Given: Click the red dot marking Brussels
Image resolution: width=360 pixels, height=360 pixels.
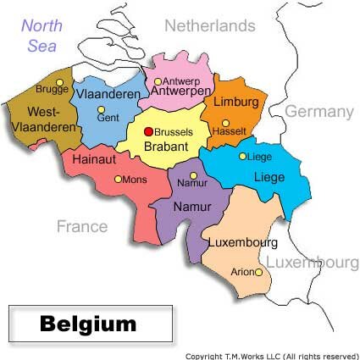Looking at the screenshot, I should point(148,131).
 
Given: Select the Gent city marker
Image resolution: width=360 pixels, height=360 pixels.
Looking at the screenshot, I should point(101,109).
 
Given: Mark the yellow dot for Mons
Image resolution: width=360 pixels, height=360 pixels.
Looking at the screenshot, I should point(117,180).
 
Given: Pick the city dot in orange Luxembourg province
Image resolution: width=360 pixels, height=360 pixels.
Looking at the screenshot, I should point(258,273).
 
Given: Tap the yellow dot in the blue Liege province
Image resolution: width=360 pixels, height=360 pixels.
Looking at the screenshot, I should point(243,156).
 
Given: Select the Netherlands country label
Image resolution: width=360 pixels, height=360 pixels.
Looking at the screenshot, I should point(209,25).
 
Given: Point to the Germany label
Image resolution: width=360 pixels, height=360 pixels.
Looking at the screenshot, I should point(318,112).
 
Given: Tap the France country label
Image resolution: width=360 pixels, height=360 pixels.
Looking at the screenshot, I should point(82,226).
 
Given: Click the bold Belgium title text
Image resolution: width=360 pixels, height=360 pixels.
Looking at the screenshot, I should point(88,324).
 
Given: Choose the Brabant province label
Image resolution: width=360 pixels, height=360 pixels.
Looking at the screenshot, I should point(164,146).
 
